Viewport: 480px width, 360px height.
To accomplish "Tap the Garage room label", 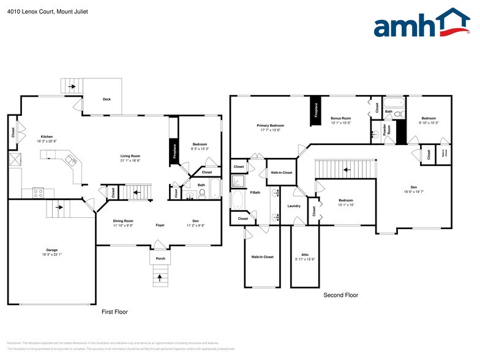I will [52, 251].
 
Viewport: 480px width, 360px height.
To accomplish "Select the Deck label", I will [107, 99].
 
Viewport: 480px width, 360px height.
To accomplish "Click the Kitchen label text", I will [47, 138].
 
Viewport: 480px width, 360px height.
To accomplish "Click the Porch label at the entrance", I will [160, 258].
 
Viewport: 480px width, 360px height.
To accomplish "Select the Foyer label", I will [160, 225].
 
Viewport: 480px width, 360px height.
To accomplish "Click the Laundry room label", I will [293, 206].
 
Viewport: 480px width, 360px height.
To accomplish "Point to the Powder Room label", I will [386, 130].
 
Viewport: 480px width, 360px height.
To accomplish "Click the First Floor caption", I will [114, 312].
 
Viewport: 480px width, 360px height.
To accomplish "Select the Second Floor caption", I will [340, 294].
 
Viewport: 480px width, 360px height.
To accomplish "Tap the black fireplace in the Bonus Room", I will [316, 111].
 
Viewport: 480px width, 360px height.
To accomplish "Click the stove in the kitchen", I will [38, 193].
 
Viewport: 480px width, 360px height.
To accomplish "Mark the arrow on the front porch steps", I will [160, 279].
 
